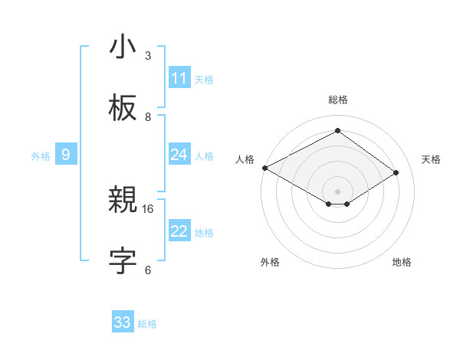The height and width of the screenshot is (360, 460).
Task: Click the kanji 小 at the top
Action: click(x=123, y=47)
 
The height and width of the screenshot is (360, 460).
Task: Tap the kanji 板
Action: click(x=123, y=109)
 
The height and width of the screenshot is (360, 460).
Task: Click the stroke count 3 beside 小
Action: click(x=148, y=56)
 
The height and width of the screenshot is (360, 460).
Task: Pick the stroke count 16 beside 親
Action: click(x=148, y=208)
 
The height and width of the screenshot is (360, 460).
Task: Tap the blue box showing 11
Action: click(x=179, y=78)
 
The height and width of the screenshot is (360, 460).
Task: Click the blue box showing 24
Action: click(x=179, y=155)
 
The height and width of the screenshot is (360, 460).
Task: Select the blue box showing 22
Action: click(x=179, y=231)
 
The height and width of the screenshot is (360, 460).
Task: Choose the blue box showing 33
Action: click(x=123, y=322)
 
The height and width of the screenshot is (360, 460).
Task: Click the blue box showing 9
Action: click(x=66, y=155)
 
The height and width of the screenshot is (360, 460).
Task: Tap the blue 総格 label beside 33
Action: click(x=147, y=324)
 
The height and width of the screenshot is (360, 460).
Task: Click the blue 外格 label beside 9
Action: click(x=41, y=156)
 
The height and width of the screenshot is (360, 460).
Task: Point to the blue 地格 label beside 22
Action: click(x=204, y=233)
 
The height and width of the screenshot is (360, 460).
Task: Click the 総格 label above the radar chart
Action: click(x=337, y=100)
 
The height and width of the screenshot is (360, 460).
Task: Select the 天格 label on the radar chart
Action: click(x=431, y=159)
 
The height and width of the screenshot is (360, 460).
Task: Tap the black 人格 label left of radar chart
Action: click(x=245, y=159)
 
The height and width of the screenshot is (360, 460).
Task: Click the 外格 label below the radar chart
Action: click(x=270, y=262)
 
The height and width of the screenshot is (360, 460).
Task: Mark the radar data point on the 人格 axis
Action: click(x=264, y=167)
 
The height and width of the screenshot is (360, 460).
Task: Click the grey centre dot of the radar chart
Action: click(x=337, y=191)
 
